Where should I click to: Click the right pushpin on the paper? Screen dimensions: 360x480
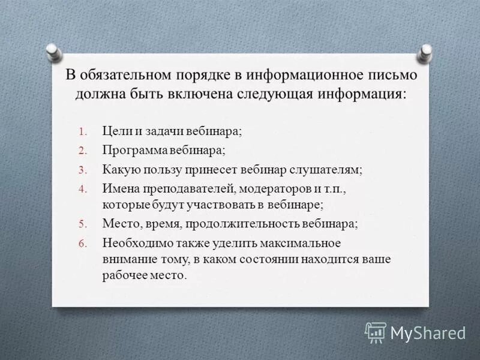tap(425, 52)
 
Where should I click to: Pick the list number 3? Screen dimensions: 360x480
tap(83, 170)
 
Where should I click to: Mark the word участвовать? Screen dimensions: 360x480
tap(215, 205)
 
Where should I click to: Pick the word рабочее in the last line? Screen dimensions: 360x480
tap(123, 276)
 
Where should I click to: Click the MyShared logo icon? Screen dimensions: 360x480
tap(376, 332)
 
